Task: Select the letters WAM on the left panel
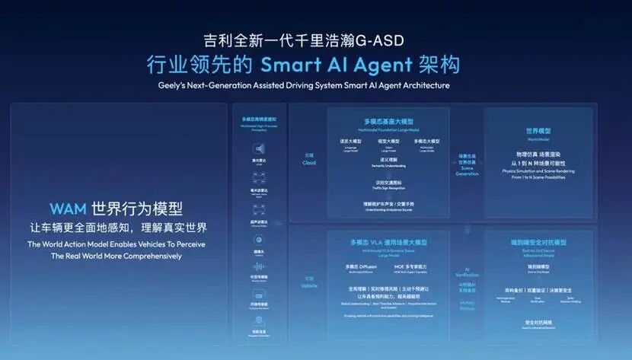pyautogui.click(x=67, y=209)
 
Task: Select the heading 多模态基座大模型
pyautogui.click(x=388, y=122)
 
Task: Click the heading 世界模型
pyautogui.click(x=538, y=131)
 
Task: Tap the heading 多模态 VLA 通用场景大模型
pyautogui.click(x=388, y=243)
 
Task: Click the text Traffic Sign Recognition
pyautogui.click(x=388, y=187)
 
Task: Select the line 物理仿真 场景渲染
pyautogui.click(x=538, y=155)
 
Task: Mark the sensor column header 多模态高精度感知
pyautogui.click(x=259, y=119)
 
